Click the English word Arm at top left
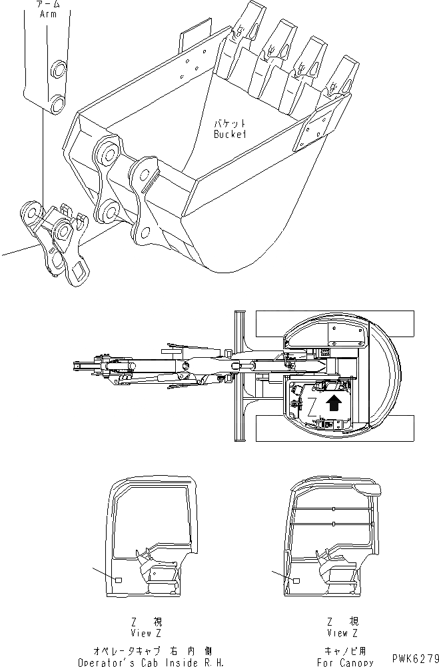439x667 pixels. [x=49, y=13]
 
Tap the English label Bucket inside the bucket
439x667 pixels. [x=230, y=134]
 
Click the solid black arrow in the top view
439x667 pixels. [x=333, y=401]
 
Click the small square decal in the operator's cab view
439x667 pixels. [x=119, y=580]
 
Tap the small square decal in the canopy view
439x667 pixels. [x=296, y=581]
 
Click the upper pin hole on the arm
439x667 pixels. [x=59, y=69]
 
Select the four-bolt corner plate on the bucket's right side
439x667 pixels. [x=318, y=133]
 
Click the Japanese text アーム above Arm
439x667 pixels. [x=49, y=4]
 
